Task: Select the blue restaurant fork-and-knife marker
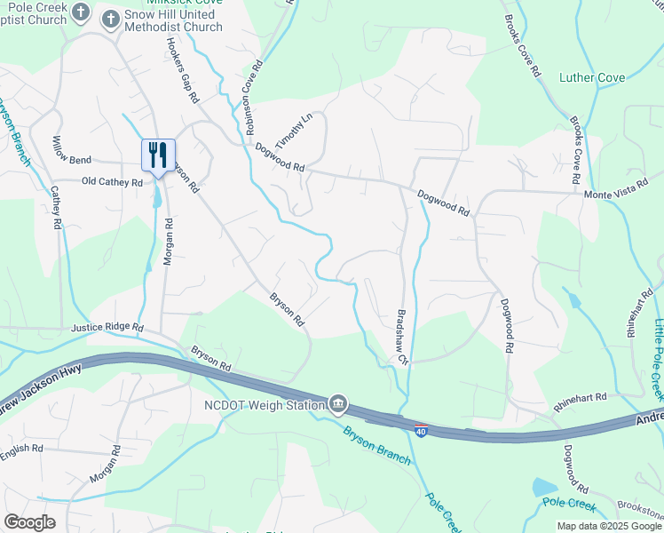[x=158, y=155]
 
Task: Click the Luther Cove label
[x=592, y=78]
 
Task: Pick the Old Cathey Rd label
[x=111, y=182]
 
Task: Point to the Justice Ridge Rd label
[x=107, y=328]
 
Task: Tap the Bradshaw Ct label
[x=401, y=337]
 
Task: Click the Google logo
[x=29, y=522]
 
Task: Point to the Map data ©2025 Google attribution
[x=609, y=526]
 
